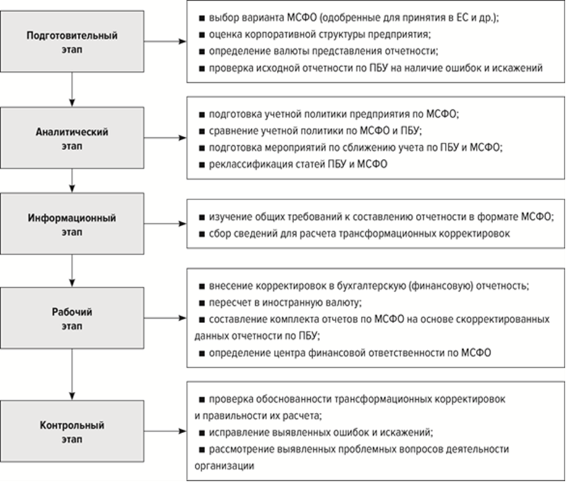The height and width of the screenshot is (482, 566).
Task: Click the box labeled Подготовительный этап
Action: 72,41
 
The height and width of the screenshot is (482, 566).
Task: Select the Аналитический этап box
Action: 72,138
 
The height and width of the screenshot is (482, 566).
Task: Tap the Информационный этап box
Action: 72,224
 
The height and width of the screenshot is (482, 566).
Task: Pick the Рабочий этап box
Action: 72,318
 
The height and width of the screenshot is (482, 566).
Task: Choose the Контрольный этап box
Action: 72,431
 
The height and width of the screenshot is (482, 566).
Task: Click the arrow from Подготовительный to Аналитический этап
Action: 72,90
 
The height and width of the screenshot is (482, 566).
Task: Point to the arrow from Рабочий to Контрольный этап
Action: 72,374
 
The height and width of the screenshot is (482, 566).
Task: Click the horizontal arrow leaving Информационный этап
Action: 166,224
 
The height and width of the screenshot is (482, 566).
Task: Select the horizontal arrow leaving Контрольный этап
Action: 166,431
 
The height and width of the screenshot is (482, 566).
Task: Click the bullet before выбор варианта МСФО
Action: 202,18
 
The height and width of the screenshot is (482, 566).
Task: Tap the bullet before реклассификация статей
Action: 202,165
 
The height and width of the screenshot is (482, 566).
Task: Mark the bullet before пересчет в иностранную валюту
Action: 202,303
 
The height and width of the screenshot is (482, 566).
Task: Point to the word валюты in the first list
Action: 292,51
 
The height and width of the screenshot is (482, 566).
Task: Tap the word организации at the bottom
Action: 224,466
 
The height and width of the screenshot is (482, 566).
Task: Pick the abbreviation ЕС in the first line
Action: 462,18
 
